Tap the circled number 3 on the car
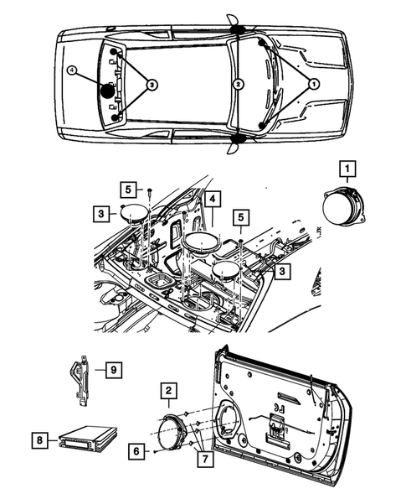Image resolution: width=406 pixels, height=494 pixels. click(151, 84)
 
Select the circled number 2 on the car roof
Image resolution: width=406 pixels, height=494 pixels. click(239, 84)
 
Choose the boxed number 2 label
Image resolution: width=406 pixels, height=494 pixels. click(169, 390)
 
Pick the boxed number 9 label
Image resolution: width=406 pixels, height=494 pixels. click(109, 368)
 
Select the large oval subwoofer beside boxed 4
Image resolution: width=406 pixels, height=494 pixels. click(200, 245)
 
